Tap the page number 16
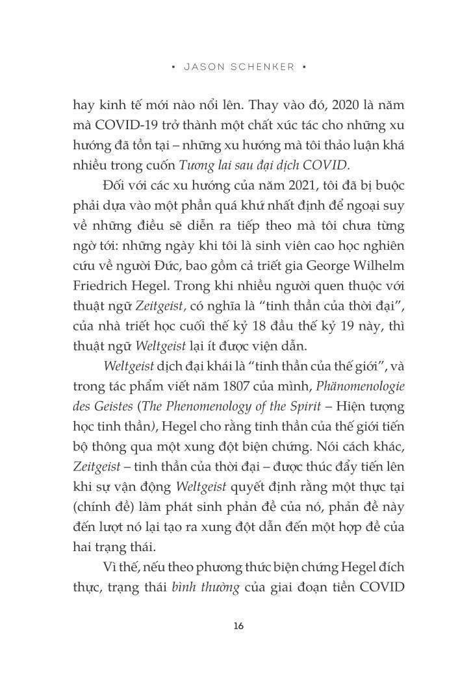click(x=238, y=626)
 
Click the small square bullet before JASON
click(x=173, y=67)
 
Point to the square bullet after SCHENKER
click(x=304, y=67)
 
